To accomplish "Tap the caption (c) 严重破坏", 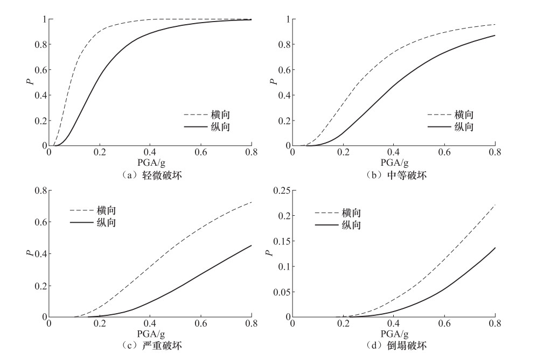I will pos(150,345).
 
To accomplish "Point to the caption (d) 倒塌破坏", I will pos(394,345).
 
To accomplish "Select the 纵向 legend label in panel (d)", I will pos(348,224).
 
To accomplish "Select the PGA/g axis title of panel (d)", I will pos(394,334).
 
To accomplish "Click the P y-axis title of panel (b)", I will pos(274,82).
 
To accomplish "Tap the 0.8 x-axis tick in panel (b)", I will pos(495,153).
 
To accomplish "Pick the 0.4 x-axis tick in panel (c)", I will pos(150,324).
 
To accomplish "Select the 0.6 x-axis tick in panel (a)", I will pos(201,153).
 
